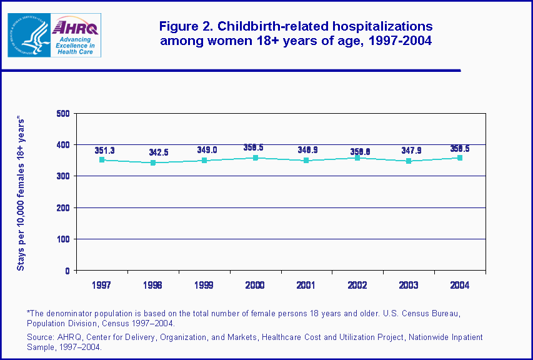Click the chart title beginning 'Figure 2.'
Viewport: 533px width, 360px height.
pos(296,34)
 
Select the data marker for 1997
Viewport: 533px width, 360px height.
pos(102,160)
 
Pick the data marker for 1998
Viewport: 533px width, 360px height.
pos(153,163)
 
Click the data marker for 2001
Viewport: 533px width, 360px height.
pos(306,161)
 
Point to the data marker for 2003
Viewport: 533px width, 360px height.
pos(409,161)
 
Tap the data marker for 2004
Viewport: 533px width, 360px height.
pos(460,157)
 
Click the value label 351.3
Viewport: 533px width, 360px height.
pos(104,151)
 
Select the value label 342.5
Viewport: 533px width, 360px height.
pos(159,152)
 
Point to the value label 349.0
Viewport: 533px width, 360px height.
pos(207,151)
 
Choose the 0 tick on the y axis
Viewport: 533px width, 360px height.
pos(67,271)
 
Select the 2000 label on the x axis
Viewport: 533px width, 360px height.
pos(255,285)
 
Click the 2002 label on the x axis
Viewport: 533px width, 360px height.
pos(357,285)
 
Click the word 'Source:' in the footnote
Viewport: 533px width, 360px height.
pos(41,337)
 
